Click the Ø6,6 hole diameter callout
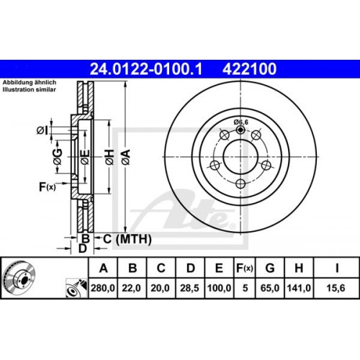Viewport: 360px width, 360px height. (242, 121)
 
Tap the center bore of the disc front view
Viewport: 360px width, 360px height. (240, 154)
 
